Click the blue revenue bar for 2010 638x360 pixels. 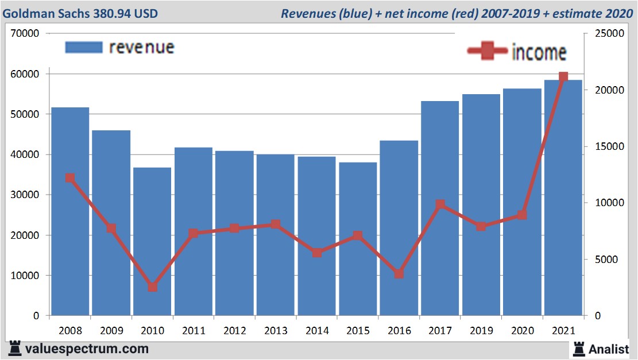(x=152, y=241)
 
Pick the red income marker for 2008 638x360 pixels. (x=70, y=178)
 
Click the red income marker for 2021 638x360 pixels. (x=563, y=77)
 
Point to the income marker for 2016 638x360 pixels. (x=399, y=274)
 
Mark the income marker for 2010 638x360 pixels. (x=152, y=287)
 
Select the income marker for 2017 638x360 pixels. (x=440, y=204)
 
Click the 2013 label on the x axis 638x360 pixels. (x=276, y=331)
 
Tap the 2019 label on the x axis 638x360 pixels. (x=481, y=331)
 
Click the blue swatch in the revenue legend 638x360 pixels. (x=84, y=47)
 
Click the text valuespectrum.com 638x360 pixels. (x=87, y=349)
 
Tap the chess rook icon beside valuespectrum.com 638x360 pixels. (x=14, y=349)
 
